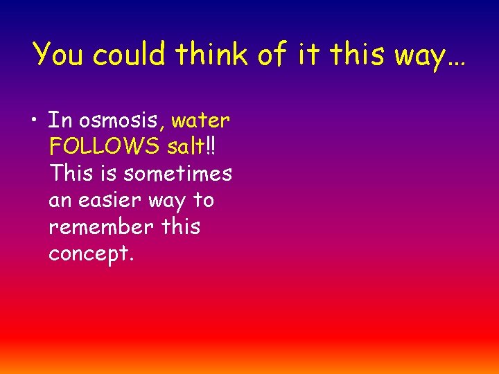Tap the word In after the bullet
pos(60,121)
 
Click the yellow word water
pos(200,121)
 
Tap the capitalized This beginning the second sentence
pos(71,174)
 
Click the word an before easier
pos(60,202)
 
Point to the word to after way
pos(203,201)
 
